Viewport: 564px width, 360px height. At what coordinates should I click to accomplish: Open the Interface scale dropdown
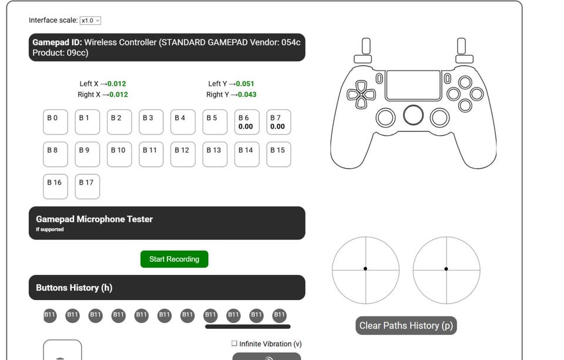[90, 21]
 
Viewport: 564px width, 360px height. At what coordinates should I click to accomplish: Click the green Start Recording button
[174, 259]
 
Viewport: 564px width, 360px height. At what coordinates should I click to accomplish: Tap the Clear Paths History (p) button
[406, 325]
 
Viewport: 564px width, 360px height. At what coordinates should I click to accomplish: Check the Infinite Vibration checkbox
[234, 344]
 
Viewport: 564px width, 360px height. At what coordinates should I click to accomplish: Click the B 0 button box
[55, 122]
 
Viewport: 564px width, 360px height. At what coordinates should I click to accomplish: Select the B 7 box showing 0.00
[278, 122]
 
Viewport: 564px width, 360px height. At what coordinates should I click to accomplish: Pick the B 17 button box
[88, 187]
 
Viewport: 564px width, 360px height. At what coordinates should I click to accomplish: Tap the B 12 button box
[183, 154]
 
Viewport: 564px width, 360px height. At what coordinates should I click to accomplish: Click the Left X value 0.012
[116, 84]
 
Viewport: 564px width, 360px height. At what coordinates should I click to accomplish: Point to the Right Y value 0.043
[247, 95]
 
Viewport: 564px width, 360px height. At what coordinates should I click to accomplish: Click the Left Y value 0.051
[245, 84]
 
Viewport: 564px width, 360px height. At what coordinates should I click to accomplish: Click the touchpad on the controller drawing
[413, 85]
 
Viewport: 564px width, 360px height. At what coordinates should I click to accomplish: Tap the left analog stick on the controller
[385, 117]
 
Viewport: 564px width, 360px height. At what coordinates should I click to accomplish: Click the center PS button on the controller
[413, 115]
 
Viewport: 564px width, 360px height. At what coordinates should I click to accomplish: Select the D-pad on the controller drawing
[361, 95]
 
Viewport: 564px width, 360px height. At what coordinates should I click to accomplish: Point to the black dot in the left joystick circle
[365, 268]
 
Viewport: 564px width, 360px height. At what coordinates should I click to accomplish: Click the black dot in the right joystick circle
[446, 268]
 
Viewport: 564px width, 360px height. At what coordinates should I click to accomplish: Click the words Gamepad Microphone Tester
[94, 219]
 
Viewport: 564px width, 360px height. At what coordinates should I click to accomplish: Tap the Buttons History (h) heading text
[74, 288]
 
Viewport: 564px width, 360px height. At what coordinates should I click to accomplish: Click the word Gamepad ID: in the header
[57, 42]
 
